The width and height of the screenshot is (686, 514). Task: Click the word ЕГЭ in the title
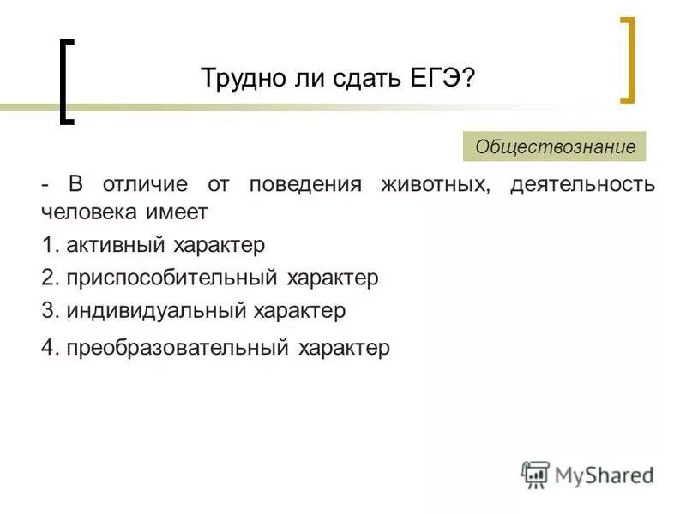tap(438, 78)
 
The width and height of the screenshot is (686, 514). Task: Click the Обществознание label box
tap(555, 146)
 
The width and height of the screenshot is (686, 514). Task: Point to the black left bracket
tap(65, 81)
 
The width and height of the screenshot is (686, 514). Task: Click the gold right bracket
tap(629, 60)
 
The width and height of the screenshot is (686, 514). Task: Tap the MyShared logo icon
tap(535, 475)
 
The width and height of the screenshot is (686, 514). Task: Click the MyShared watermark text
tap(604, 475)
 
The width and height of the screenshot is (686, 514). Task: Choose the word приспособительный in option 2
tap(171, 278)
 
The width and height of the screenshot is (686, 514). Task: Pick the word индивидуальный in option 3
tap(155, 310)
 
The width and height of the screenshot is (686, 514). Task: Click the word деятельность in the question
tap(583, 185)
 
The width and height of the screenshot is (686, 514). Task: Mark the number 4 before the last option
tap(47, 348)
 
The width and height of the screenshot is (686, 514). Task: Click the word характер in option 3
tap(299, 310)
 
